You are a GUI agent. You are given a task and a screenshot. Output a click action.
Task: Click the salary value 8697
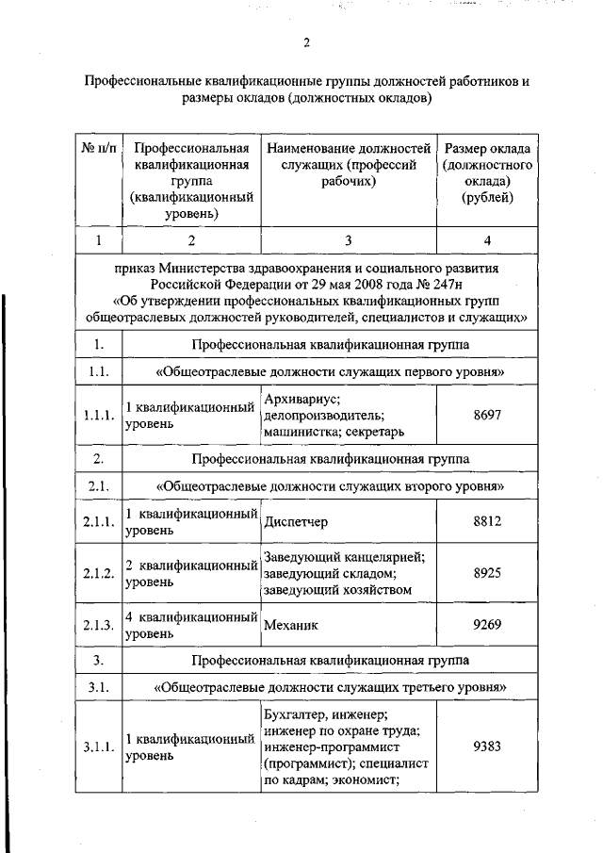point(487,415)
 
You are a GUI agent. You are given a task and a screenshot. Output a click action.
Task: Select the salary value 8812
point(487,521)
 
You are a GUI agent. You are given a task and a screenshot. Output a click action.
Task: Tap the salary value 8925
point(487,573)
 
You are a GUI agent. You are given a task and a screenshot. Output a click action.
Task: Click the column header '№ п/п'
point(98,149)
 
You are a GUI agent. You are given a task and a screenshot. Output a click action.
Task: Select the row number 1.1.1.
point(98,416)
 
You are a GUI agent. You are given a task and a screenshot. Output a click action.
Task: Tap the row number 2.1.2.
point(98,574)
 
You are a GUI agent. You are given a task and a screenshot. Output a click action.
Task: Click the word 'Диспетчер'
point(298,521)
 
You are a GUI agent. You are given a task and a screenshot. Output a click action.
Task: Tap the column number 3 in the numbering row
point(348,241)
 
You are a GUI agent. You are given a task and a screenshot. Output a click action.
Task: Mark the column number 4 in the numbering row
point(487,241)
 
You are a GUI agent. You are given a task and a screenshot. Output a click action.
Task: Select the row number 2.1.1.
point(98,522)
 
